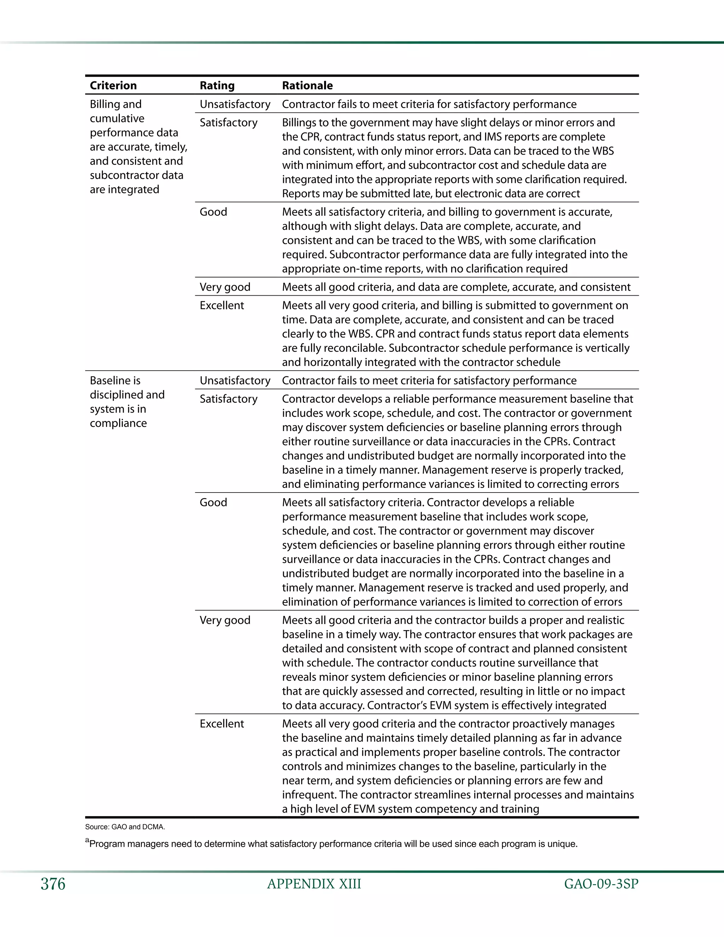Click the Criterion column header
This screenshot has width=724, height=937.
(113, 85)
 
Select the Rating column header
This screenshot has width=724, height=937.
(217, 85)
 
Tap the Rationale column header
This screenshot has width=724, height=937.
(307, 85)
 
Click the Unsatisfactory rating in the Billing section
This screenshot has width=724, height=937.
(235, 104)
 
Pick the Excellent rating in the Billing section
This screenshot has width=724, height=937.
(222, 305)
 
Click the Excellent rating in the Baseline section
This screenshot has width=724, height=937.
(222, 724)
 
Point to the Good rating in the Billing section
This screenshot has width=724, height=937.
(213, 212)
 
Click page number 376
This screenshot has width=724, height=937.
(53, 884)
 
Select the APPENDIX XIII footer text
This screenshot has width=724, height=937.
(314, 884)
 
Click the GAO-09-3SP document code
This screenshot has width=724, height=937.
(601, 884)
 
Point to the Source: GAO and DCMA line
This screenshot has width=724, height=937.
(125, 827)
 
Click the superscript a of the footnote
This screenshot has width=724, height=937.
(87, 840)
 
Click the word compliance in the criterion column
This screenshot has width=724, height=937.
(118, 424)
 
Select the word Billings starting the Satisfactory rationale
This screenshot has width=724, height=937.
(300, 123)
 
